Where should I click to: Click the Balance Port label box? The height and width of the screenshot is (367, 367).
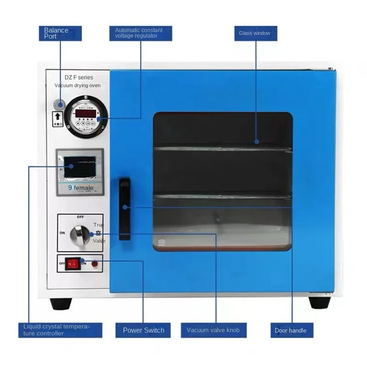point(60,33)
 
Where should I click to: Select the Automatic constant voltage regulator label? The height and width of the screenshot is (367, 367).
point(140,33)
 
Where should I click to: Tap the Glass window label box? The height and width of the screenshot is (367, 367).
point(256,33)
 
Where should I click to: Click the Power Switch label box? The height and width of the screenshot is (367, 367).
point(143,330)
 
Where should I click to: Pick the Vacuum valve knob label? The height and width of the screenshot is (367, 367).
point(213,330)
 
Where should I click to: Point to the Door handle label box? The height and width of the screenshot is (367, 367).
point(291,330)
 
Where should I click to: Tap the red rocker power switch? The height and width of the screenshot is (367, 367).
point(72,263)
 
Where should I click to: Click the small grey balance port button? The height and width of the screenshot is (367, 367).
point(58,103)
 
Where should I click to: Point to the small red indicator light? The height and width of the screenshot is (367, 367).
point(95,264)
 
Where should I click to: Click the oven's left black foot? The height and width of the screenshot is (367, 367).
point(61,303)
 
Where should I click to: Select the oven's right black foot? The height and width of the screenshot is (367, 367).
point(319,302)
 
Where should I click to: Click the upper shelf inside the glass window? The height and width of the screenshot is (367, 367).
point(222,149)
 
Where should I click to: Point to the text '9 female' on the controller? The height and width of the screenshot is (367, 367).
point(81,188)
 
